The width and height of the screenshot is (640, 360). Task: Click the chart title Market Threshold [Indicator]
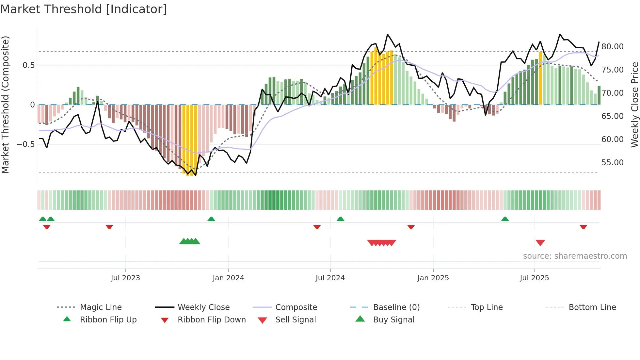tap(84, 9)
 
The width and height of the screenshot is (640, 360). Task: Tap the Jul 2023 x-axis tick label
tap(125, 278)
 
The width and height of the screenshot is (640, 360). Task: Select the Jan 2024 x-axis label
tap(228, 278)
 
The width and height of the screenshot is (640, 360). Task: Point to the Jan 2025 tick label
tap(433, 278)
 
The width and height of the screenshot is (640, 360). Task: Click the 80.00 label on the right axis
tap(612, 47)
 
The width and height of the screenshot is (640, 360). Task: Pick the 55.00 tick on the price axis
tap(612, 163)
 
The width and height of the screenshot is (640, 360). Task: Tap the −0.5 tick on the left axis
tap(26, 144)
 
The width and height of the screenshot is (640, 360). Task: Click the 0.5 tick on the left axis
tap(28, 65)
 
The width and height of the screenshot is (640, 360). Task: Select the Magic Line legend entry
tap(101, 307)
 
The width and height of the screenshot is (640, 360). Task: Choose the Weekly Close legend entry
tap(203, 307)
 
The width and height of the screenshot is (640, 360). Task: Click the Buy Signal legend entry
tap(393, 320)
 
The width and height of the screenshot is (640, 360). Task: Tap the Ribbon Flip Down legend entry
tap(211, 320)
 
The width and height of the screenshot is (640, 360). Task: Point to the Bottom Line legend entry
tap(592, 307)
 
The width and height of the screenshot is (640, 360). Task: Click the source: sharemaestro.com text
tap(575, 256)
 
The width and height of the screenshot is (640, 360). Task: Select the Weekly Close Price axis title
tap(634, 105)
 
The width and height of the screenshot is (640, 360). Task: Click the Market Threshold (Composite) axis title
tap(5, 105)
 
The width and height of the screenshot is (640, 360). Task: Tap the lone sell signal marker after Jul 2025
tap(540, 243)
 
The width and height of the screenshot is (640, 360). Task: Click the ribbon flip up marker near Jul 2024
tap(340, 219)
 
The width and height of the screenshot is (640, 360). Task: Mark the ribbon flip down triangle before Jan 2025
tap(411, 227)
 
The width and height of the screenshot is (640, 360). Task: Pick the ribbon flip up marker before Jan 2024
tap(211, 219)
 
